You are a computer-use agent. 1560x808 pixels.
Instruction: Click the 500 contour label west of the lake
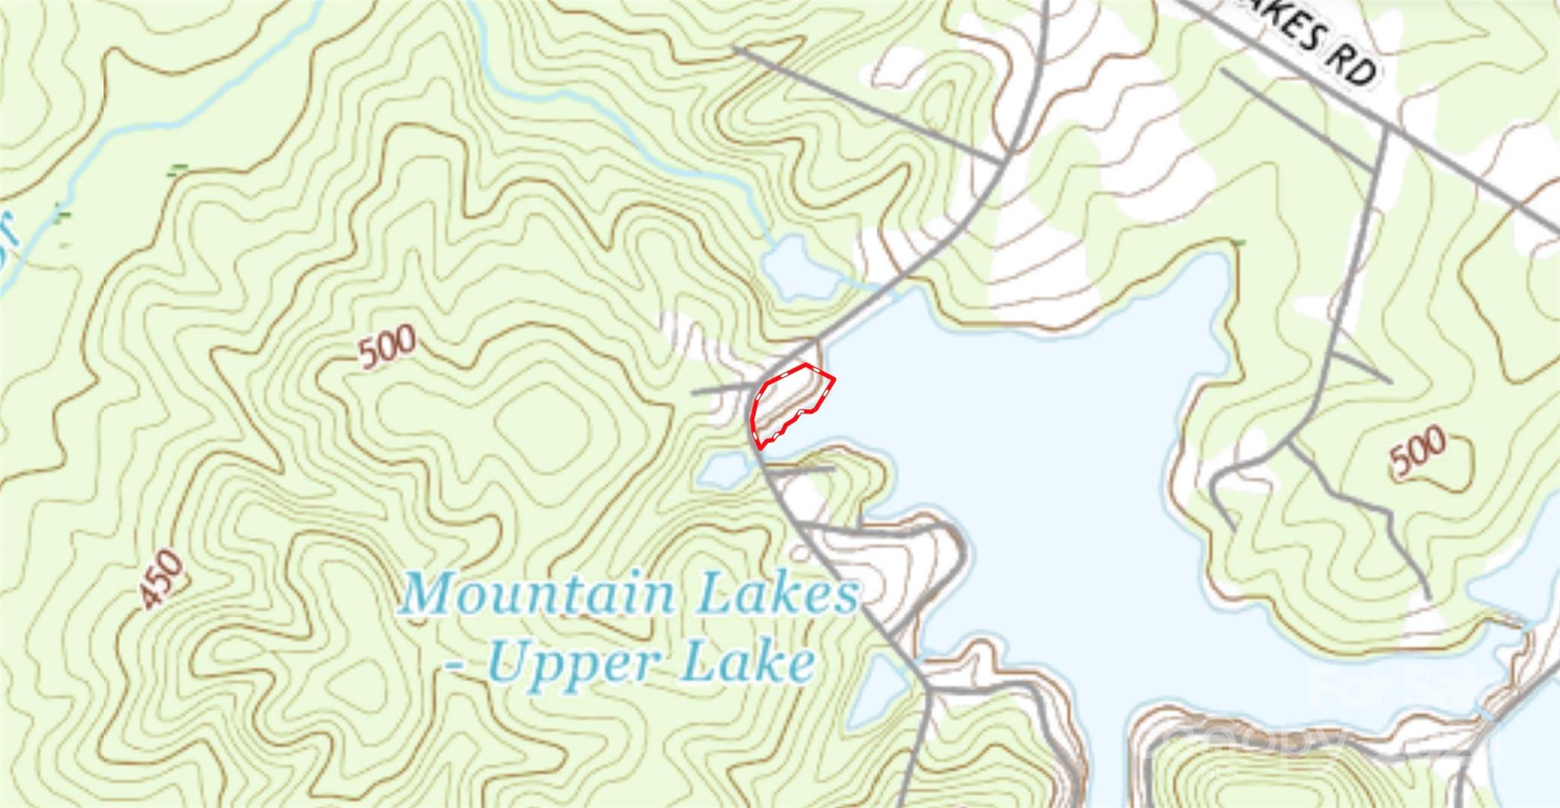point(388,347)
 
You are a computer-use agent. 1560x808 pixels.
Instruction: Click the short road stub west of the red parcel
point(720,390)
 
